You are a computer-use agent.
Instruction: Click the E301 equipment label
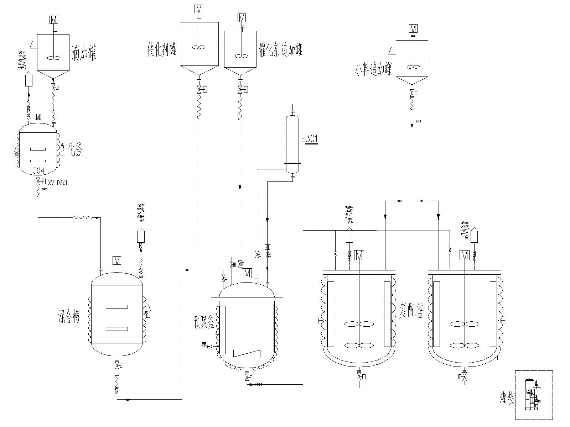point(310,139)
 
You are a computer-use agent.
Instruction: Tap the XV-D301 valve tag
point(57,183)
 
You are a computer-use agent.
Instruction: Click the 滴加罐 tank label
point(84,53)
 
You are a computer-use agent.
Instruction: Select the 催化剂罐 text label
point(162,50)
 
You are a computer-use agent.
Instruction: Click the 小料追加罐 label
point(373,69)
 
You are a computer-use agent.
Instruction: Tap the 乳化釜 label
point(72,150)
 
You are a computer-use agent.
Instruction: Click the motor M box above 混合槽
point(117,260)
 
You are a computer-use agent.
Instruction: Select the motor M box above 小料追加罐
point(413,28)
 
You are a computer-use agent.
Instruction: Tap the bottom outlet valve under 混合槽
point(117,365)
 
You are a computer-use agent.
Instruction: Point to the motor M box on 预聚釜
point(247,273)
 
